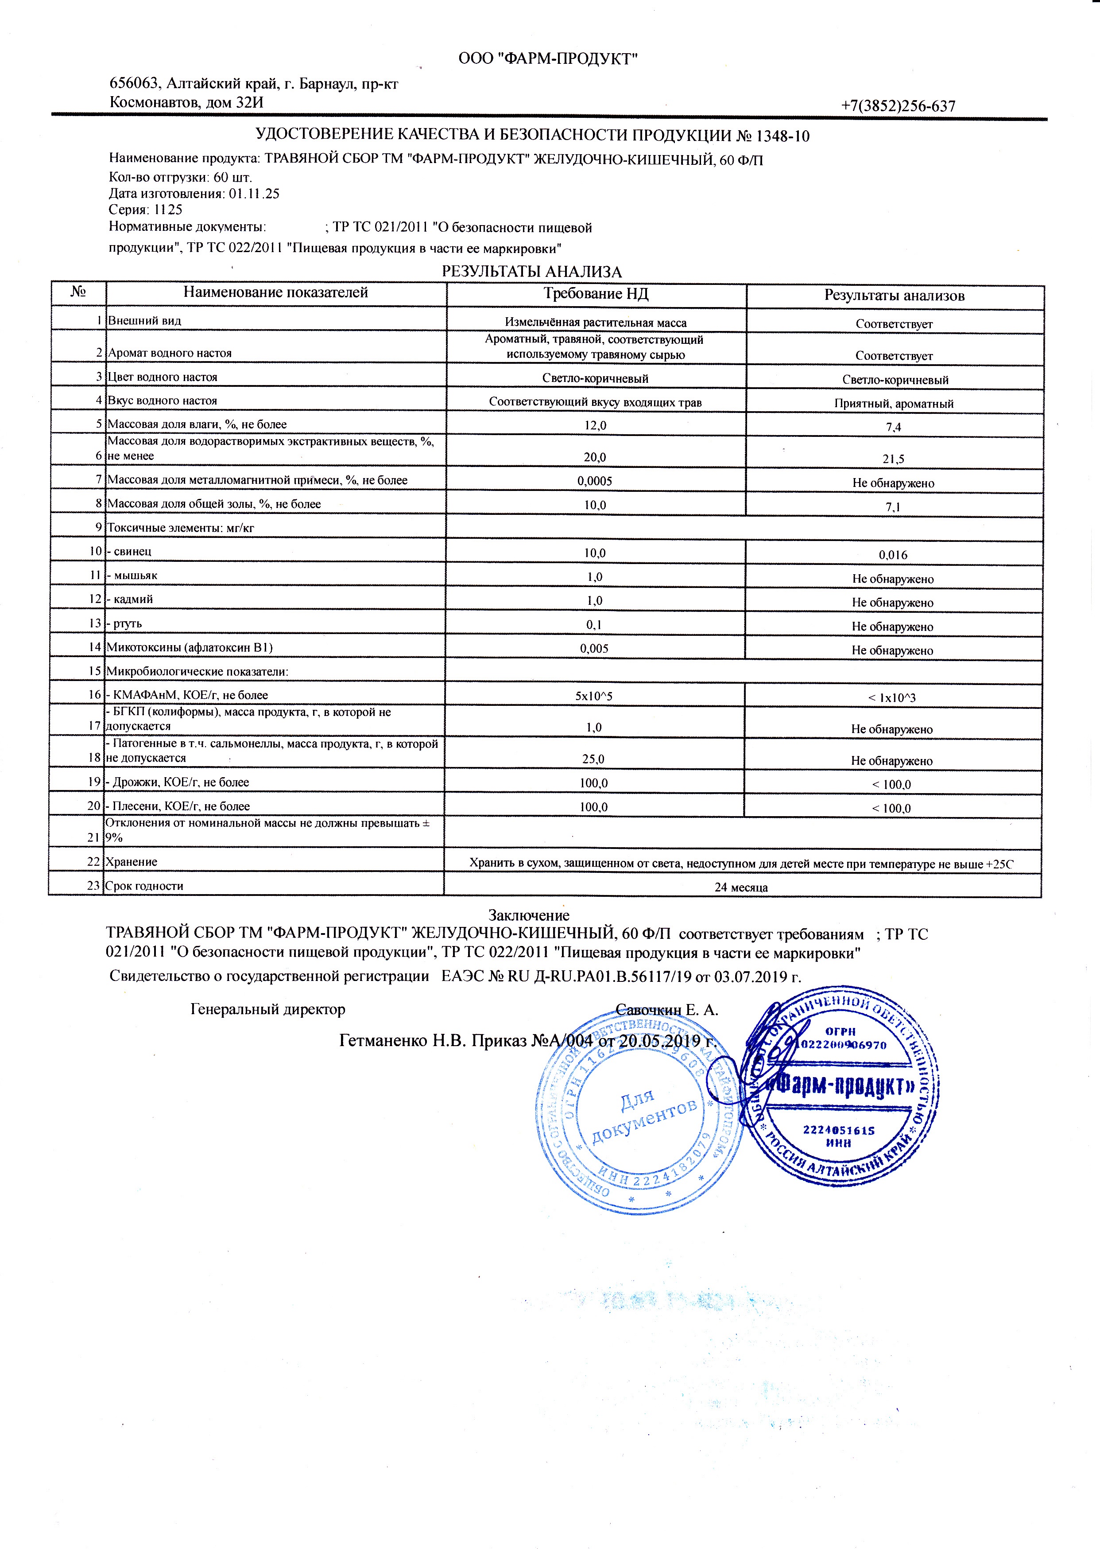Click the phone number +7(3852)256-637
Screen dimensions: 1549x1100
pos(898,106)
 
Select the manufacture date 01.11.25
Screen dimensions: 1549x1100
pos(254,194)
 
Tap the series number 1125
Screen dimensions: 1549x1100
pos(168,210)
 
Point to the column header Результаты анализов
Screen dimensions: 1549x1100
pos(894,296)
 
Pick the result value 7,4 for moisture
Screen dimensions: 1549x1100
pos(893,427)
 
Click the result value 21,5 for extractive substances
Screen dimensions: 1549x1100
pos(893,459)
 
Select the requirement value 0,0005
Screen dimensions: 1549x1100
pos(595,481)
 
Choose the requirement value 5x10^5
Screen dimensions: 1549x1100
pos(594,695)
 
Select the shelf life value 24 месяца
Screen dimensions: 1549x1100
pos(741,887)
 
